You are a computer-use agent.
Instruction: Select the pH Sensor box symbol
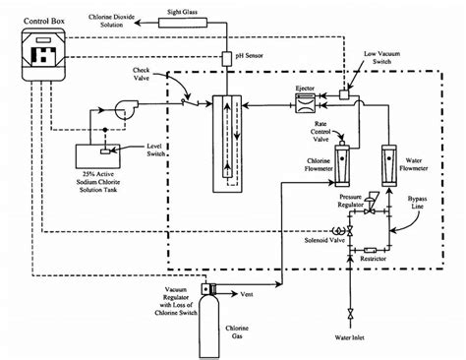pyautogui.click(x=226, y=55)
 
